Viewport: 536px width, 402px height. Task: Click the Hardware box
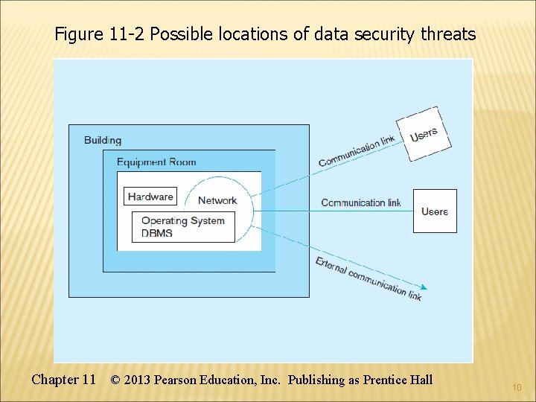[x=150, y=197]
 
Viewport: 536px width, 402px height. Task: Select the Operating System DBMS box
[x=183, y=226]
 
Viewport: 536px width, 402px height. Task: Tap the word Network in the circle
[x=217, y=200]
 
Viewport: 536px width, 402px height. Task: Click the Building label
[x=103, y=140]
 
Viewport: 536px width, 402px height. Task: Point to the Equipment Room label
[x=156, y=162]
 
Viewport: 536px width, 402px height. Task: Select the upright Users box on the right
[x=435, y=211]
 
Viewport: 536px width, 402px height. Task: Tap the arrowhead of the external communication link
[x=424, y=287]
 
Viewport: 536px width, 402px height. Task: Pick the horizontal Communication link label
[x=361, y=202]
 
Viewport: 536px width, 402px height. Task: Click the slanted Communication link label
[x=357, y=152]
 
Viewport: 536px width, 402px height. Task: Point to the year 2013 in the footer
[x=137, y=380]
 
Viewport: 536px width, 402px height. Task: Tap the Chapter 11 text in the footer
[x=63, y=380]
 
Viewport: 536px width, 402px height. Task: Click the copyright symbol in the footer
[x=115, y=380]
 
